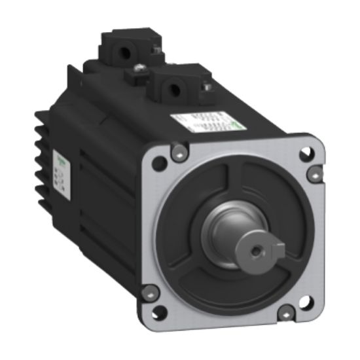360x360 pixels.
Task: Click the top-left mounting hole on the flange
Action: tap(158, 164)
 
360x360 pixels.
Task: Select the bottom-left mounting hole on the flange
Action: tap(158, 312)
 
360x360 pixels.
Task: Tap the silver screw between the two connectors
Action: tap(139, 68)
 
